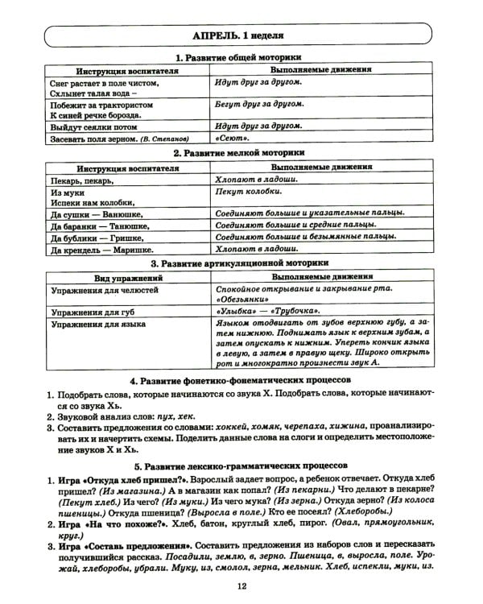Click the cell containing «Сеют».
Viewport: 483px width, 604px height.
pyautogui.click(x=233, y=138)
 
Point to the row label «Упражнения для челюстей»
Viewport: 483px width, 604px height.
pyautogui.click(x=105, y=288)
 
